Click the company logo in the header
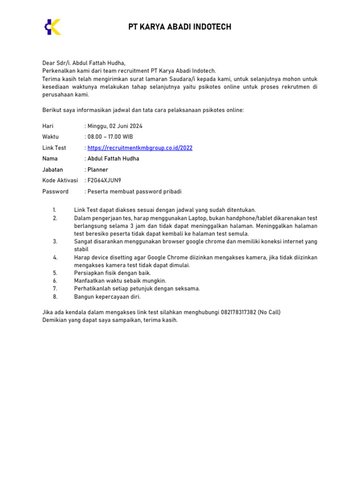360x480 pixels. pyautogui.click(x=52, y=27)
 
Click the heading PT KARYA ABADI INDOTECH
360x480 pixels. pyautogui.click(x=180, y=27)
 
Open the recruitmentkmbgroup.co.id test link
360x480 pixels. pyautogui.click(x=140, y=148)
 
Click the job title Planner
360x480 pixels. pyautogui.click(x=98, y=170)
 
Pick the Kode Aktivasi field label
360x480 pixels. pyautogui.click(x=60, y=180)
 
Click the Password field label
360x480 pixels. pyautogui.click(x=55, y=192)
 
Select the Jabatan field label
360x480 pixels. pyautogui.click(x=52, y=170)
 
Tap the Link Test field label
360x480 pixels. pyautogui.click(x=54, y=148)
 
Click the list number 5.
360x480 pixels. pyautogui.click(x=55, y=273)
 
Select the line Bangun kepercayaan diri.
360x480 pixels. pyautogui.click(x=107, y=297)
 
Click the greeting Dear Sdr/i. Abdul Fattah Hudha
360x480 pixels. pyautogui.click(x=84, y=62)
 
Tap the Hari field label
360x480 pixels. pyautogui.click(x=48, y=126)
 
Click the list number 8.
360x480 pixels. pyautogui.click(x=55, y=297)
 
